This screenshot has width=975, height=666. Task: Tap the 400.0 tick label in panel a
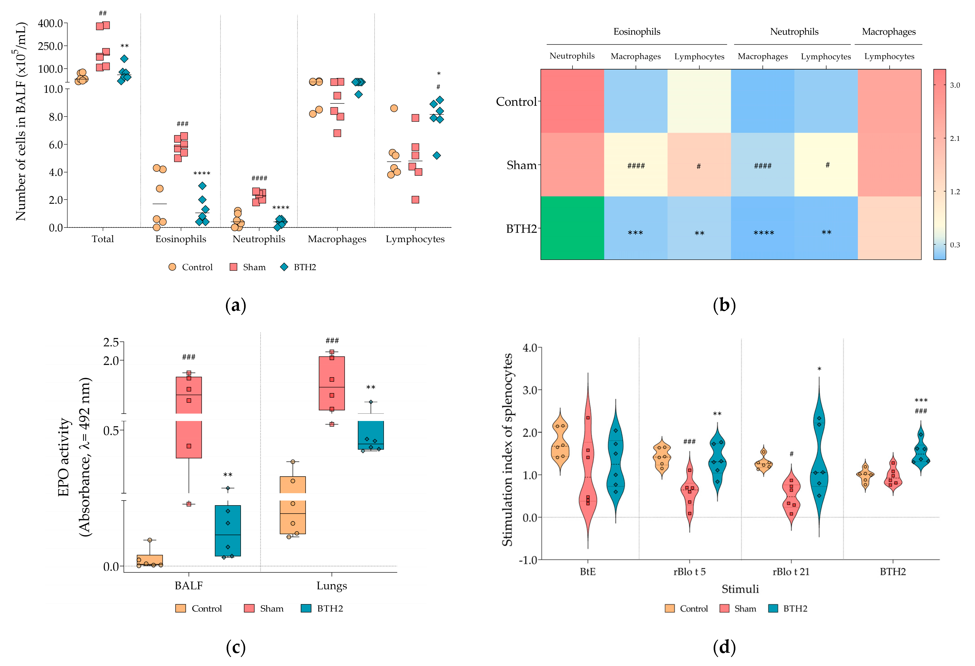pos(50,24)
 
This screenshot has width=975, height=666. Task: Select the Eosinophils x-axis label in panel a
pos(181,239)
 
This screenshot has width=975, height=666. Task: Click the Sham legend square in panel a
pos(234,267)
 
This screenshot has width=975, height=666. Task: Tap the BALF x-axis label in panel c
pos(189,586)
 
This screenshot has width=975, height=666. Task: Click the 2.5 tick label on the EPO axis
pos(111,343)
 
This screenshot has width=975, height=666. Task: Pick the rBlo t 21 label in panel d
pos(791,572)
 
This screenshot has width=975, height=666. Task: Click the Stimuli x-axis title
pos(740,589)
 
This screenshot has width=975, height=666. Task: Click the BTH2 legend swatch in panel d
pos(773,609)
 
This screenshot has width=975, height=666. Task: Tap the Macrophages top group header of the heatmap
pos(888,32)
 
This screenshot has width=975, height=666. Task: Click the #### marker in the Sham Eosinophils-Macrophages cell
pos(636,166)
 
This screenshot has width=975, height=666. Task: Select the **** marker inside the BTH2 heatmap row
pos(764,233)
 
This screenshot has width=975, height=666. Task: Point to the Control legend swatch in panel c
pos(180,609)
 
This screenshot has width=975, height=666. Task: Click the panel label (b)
pos(724,306)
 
